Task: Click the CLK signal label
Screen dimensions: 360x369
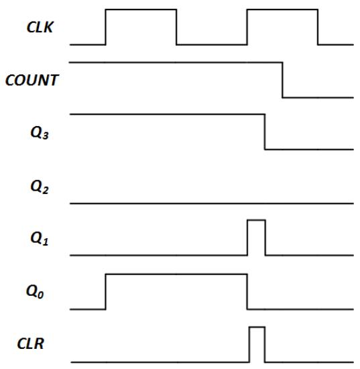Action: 40,27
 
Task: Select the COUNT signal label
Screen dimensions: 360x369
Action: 32,81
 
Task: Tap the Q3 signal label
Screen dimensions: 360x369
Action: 40,133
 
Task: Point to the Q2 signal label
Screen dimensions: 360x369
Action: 40,187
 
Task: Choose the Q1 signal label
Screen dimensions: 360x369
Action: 40,239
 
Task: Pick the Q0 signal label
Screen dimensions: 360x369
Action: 35,292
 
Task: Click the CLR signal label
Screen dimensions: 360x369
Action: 31,344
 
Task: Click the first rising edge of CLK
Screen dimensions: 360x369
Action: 105,27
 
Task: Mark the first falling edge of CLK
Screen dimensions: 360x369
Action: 176,27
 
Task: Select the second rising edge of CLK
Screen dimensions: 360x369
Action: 247,27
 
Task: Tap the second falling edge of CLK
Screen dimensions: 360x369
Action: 318,27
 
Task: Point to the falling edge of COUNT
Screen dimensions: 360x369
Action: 282,80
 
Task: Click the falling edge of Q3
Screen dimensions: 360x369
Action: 265,131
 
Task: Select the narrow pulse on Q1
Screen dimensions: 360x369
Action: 257,220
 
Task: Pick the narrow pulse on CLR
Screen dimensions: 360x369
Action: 257,327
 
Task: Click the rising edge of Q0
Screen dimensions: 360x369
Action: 105,292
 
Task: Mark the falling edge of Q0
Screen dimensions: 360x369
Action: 247,292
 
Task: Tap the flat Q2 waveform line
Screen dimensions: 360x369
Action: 212,203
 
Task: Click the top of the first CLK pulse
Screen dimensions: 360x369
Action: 141,9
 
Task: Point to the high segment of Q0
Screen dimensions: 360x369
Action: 176,274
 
